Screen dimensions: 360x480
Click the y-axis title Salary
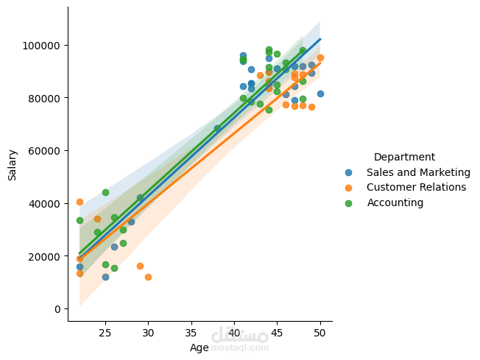pyautogui.click(x=13, y=164)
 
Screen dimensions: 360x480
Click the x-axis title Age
pyautogui.click(x=199, y=347)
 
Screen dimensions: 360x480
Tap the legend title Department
pyautogui.click(x=403, y=157)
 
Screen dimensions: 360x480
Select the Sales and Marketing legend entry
pyautogui.click(x=418, y=172)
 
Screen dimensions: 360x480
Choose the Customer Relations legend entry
pyautogui.click(x=416, y=187)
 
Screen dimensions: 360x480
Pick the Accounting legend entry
pyautogui.click(x=395, y=202)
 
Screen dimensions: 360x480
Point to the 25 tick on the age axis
pyautogui.click(x=105, y=332)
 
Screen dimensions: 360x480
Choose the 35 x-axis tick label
pyautogui.click(x=191, y=332)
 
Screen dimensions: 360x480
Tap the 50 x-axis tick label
pyautogui.click(x=320, y=332)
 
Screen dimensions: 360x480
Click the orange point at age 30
pyautogui.click(x=148, y=277)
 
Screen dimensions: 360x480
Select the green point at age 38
pyautogui.click(x=217, y=128)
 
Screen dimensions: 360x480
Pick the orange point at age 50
pyautogui.click(x=320, y=57)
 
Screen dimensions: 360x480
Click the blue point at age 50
pyautogui.click(x=320, y=93)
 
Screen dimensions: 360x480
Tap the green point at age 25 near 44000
pyautogui.click(x=105, y=192)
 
